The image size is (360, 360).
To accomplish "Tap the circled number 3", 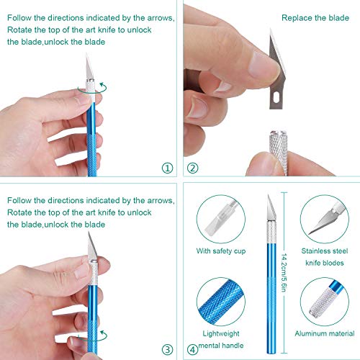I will (x=168, y=350).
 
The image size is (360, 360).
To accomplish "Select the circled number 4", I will (x=192, y=350).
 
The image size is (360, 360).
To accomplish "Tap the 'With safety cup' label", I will (x=219, y=251).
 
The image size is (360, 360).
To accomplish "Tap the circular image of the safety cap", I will (x=219, y=216).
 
